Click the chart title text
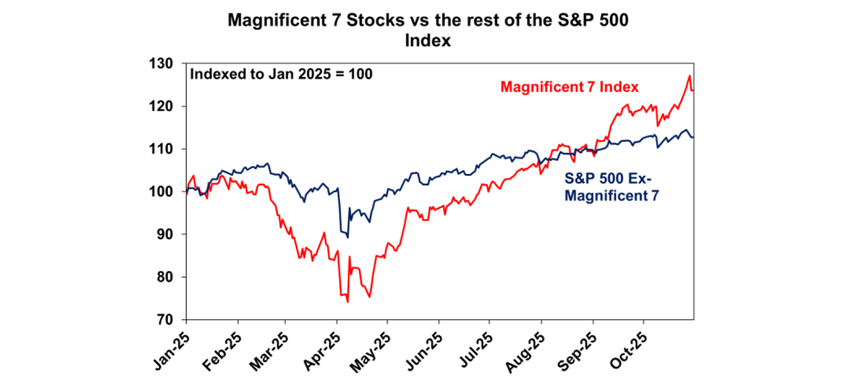coord(428,31)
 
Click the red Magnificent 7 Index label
coord(570,87)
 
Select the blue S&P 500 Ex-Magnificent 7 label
coord(608,188)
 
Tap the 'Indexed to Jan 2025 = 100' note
coord(281,74)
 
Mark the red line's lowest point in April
coord(347,302)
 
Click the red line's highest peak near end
coord(689,76)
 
